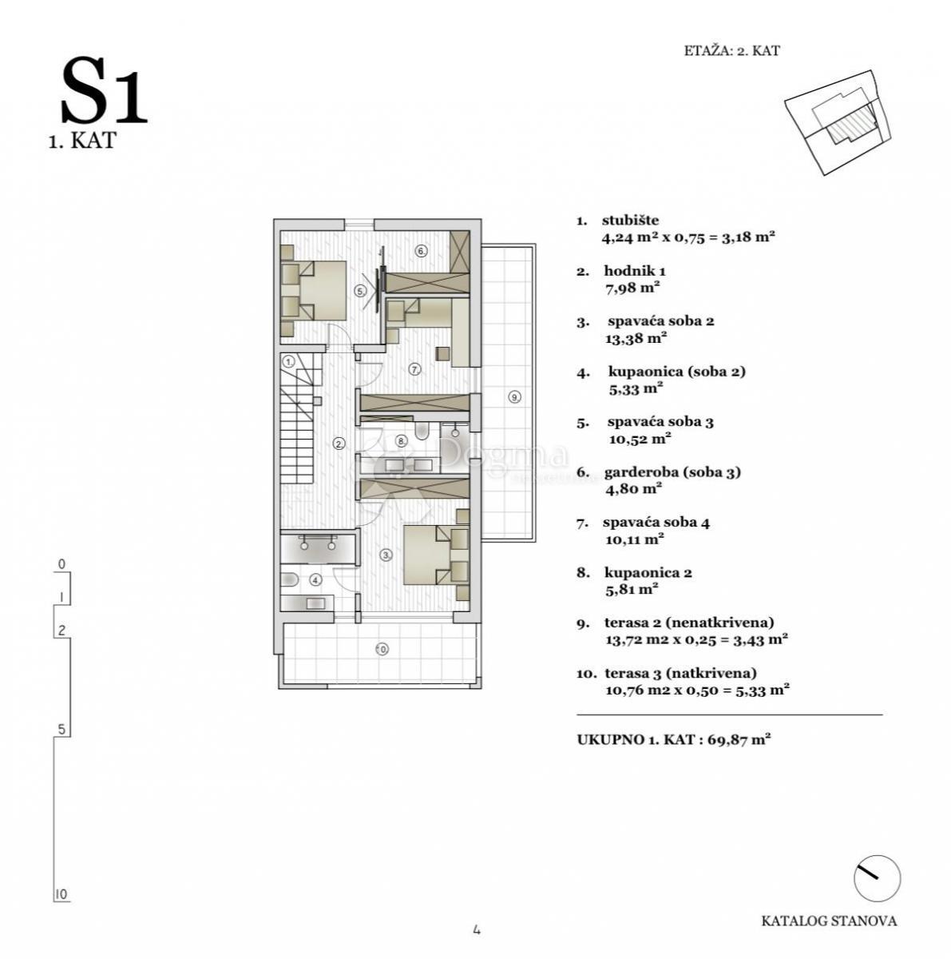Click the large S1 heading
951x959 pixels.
pos(104,93)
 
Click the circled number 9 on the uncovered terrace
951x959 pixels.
pos(514,396)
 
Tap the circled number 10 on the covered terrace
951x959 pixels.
pos(382,649)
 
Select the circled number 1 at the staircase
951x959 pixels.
pos(288,361)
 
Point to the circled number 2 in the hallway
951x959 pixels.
pos(339,444)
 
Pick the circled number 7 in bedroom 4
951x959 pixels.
pos(414,369)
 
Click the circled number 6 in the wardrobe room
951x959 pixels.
pos(422,251)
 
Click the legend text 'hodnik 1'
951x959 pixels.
pos(634,271)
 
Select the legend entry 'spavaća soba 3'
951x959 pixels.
pos(660,421)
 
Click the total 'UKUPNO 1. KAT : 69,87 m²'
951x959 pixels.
pos(673,739)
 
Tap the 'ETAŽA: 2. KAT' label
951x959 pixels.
pos(731,50)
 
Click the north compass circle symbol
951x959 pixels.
pos(877,879)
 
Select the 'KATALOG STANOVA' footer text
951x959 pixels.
pos(829,921)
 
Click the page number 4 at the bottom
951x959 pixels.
pos(476,929)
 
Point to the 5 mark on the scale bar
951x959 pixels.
pos(61,729)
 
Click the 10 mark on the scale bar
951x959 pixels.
pos(61,894)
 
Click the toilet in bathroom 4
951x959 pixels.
pos(290,579)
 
